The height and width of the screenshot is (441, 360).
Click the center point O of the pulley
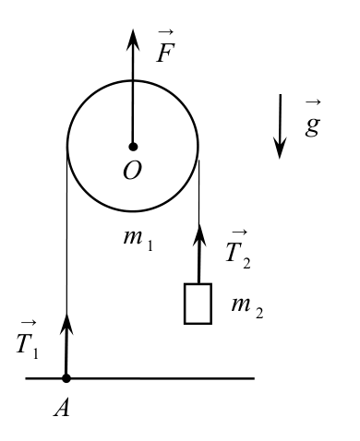pos(133,147)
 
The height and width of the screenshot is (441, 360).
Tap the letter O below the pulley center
pos(132,171)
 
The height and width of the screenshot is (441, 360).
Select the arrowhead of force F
pos(133,40)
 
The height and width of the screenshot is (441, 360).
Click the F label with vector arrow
pos(165,46)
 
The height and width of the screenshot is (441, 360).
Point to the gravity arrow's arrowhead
pos(280,148)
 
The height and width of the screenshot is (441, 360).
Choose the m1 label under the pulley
pos(138,241)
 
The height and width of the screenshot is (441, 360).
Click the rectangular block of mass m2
pos(198,304)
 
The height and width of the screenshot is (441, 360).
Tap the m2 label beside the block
pos(247,308)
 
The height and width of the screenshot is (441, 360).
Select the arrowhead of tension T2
pos(199,235)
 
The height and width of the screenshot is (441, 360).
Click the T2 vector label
pos(238,249)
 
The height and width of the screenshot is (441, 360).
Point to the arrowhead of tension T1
pos(66,324)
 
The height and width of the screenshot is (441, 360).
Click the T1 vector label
pos(28,340)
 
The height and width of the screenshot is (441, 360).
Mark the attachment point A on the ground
pos(66,378)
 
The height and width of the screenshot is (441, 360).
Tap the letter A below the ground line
pos(62,409)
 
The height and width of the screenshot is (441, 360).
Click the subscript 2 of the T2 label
pos(246,262)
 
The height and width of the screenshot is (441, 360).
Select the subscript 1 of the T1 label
pos(36,352)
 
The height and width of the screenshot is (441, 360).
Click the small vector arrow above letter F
pos(166,31)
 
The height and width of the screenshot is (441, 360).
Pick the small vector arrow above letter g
pos(313,102)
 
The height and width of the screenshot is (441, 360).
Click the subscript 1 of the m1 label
pos(150,245)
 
